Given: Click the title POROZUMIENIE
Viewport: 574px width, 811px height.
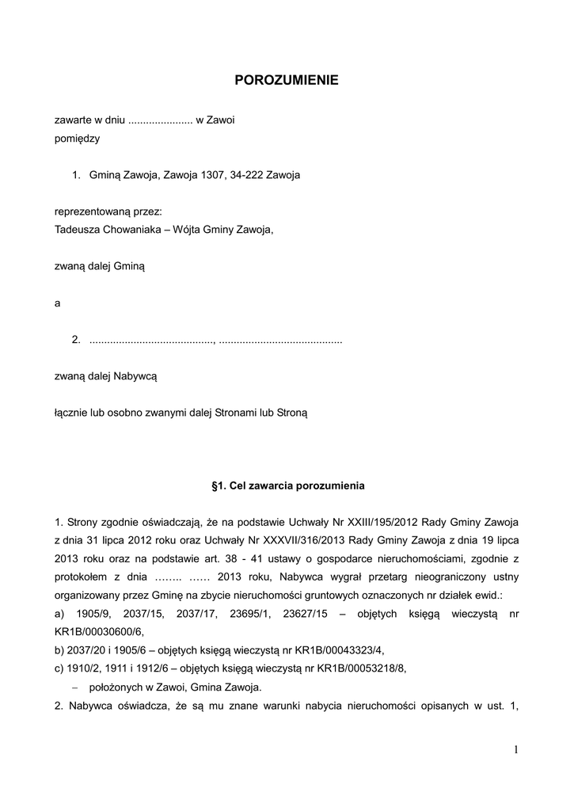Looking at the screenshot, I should click(x=287, y=80).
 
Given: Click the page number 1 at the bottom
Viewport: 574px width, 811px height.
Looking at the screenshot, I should click(x=515, y=750).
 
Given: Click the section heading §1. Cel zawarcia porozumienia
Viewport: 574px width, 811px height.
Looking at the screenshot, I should click(x=286, y=484).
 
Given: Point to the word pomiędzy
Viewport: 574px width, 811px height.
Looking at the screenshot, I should click(x=77, y=138).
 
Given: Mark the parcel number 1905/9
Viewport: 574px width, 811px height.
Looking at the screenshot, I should click(x=94, y=614).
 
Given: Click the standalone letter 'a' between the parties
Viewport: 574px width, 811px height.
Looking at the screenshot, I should click(x=57, y=303).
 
